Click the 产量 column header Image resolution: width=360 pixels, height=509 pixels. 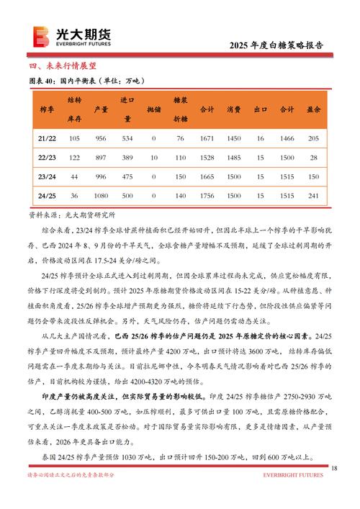pos(102,109)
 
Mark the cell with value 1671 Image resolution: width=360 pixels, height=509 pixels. pos(207,138)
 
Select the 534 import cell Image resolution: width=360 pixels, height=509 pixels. pos(127,138)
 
